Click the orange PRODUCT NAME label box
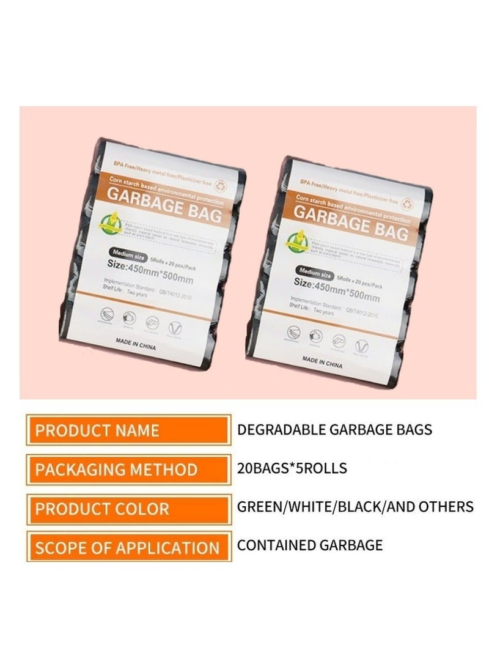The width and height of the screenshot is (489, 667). [x=128, y=430]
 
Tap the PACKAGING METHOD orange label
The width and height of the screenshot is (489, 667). [x=128, y=470]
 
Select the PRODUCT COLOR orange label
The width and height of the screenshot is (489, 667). [x=128, y=509]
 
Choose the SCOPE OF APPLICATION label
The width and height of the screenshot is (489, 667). [x=128, y=547]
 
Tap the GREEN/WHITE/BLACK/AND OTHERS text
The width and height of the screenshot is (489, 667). [x=355, y=507]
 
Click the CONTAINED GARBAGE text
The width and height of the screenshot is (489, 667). [x=310, y=545]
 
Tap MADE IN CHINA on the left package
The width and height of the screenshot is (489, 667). [x=136, y=345]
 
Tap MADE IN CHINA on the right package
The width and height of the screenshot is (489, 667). [x=322, y=362]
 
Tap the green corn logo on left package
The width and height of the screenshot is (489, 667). [x=112, y=221]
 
